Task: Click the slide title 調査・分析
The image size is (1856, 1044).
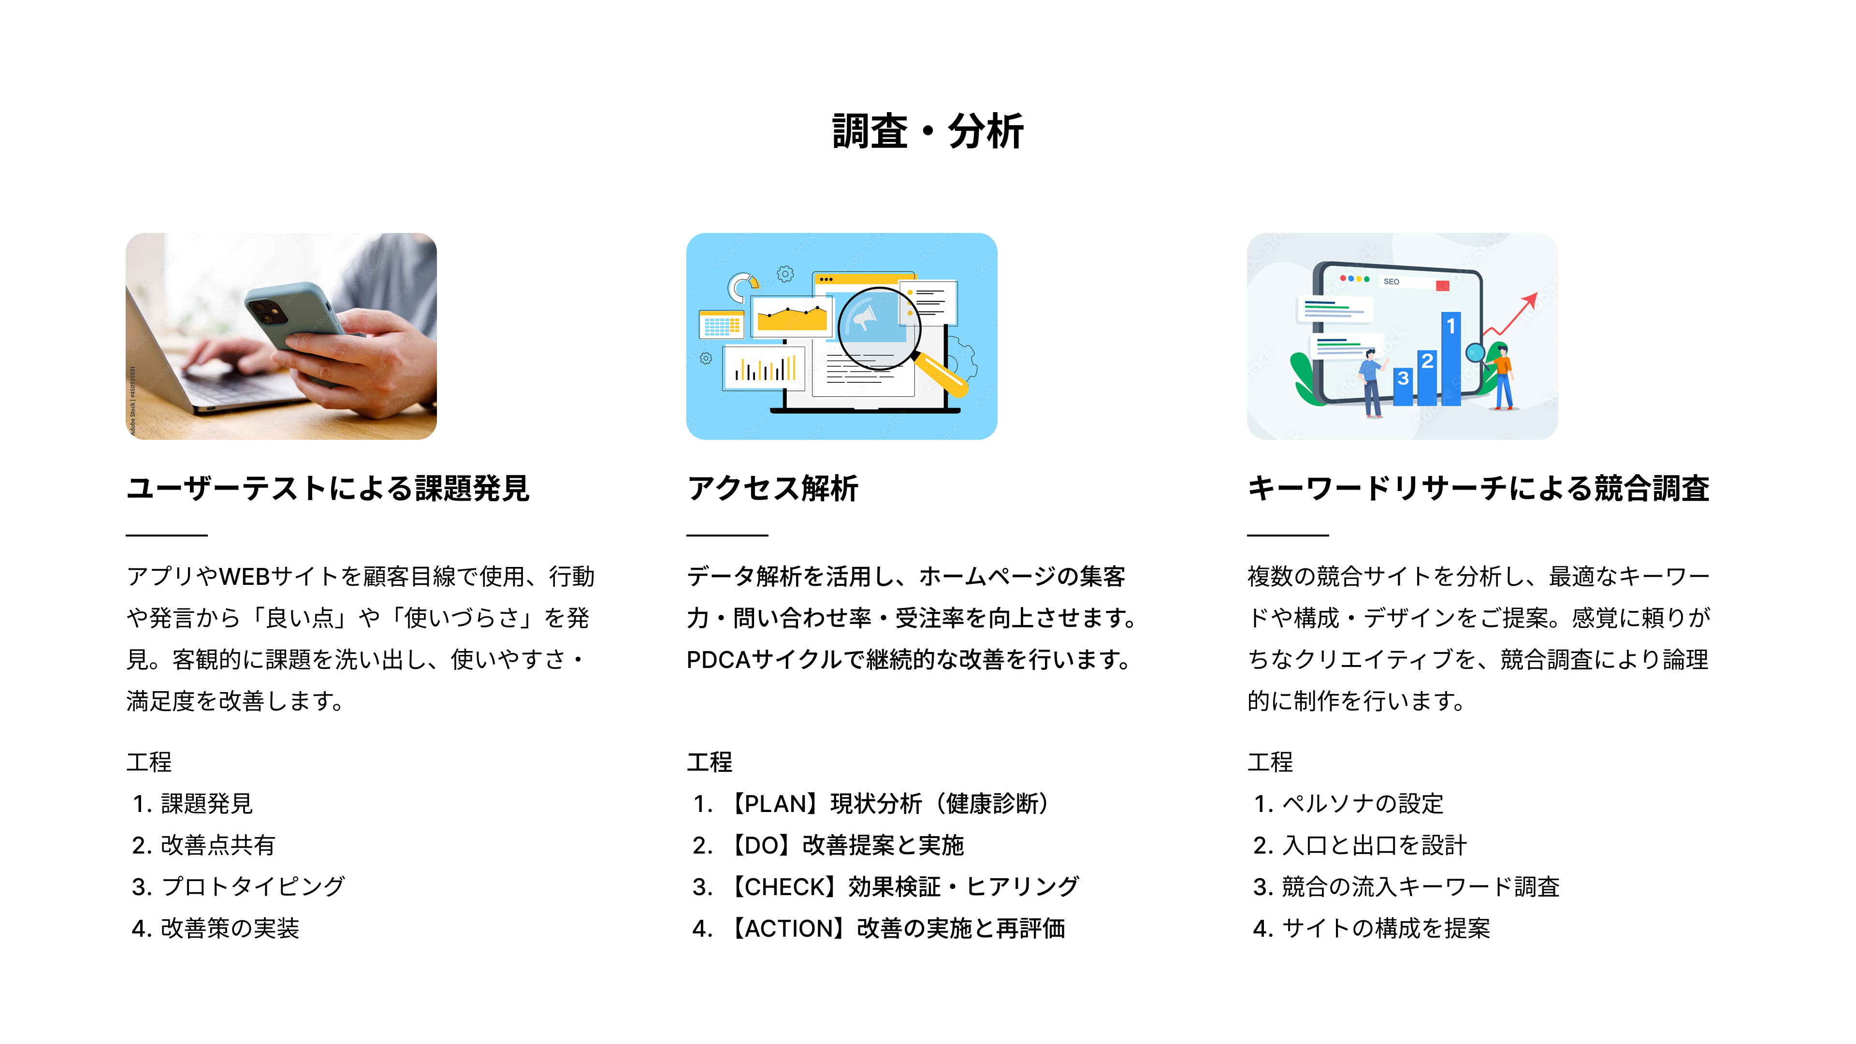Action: click(928, 132)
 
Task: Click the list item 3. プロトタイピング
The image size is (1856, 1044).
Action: click(238, 886)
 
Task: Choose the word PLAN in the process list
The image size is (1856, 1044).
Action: click(777, 803)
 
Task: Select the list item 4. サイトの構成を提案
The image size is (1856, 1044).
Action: click(1371, 928)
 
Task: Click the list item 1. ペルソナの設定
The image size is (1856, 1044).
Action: click(1348, 803)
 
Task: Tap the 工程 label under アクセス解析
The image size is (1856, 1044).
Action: click(709, 762)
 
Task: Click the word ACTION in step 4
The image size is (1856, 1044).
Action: click(792, 928)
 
